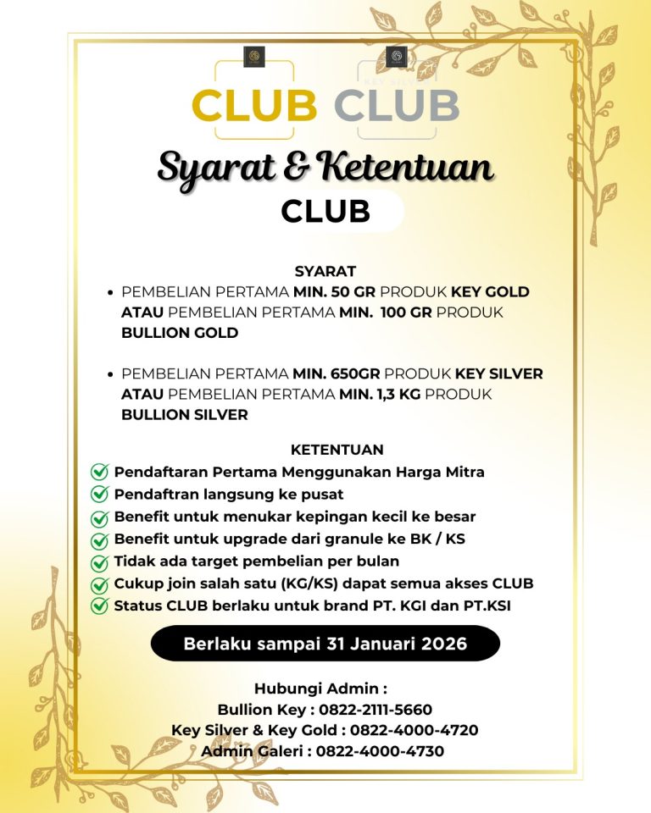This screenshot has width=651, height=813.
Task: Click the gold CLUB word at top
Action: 254,106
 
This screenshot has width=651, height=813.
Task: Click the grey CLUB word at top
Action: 397,106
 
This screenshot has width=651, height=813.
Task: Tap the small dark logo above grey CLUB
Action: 396,57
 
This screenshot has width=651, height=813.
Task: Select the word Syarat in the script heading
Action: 219,167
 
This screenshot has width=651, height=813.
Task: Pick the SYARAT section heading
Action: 325,272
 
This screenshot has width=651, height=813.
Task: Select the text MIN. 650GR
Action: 338,373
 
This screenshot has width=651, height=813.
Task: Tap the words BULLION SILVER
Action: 185,415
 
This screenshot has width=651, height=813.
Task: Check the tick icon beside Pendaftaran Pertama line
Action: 100,472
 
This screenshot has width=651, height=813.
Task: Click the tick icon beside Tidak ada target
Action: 100,561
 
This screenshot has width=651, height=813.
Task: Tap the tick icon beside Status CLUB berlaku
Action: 100,606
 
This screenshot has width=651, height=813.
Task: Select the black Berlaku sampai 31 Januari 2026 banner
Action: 325,644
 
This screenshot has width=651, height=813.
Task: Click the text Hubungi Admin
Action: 320,689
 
